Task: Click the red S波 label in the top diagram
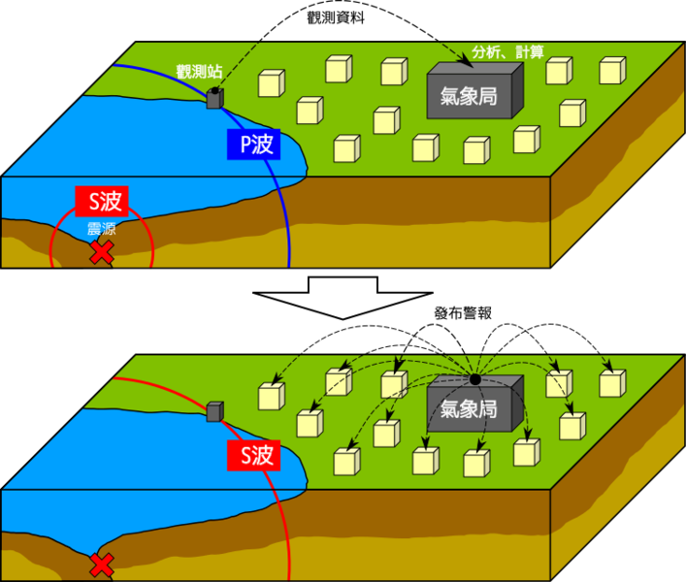coord(102,202)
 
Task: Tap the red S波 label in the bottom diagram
coord(253,456)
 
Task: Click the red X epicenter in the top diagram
coord(101,253)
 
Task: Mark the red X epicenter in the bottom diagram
coord(101,565)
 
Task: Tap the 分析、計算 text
coord(507,50)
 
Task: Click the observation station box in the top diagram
coord(214,98)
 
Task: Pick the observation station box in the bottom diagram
coord(214,411)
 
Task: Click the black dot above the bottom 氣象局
coord(474,378)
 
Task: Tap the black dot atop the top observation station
coord(214,89)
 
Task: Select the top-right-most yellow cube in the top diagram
coord(611,71)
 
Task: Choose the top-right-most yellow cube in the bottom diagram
coord(611,383)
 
